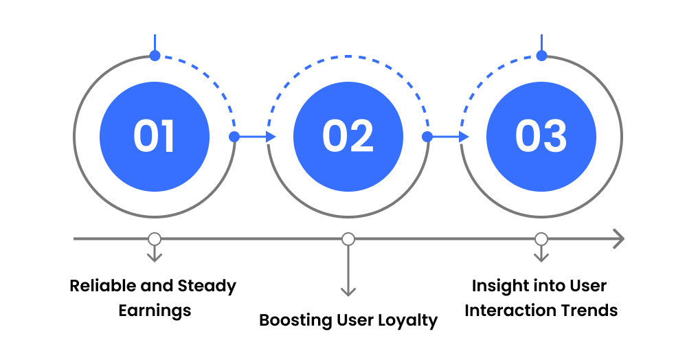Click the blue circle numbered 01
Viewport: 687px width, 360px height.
[155, 136]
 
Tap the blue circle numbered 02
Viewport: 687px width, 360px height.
[348, 136]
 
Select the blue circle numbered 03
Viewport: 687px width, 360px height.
[541, 136]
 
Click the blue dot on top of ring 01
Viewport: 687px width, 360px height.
[155, 55]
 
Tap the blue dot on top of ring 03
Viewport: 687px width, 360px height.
[542, 55]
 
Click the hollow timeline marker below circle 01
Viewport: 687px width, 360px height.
[155, 239]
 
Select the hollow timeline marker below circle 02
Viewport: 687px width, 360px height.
[348, 239]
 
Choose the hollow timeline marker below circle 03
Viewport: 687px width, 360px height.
[541, 239]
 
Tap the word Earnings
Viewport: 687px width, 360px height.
[155, 311]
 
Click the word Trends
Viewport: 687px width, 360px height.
[589, 311]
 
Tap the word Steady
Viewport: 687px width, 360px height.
[207, 286]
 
